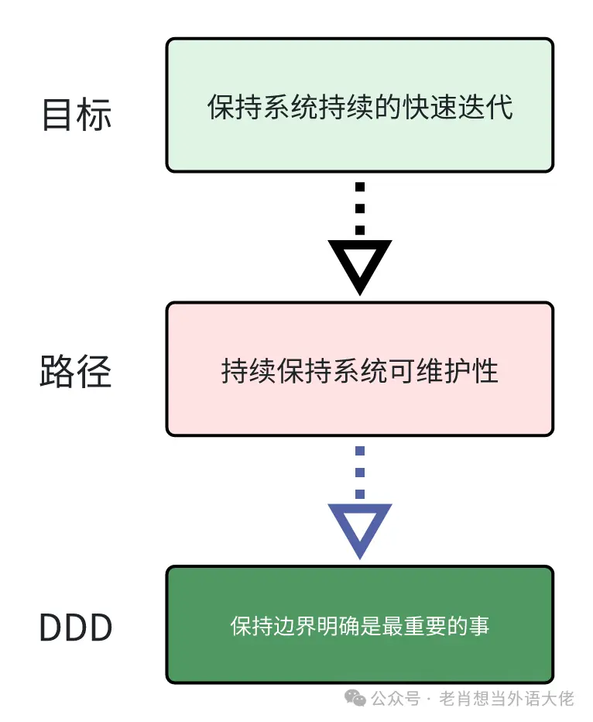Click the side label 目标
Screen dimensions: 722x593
(76, 115)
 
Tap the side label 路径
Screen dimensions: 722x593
(76, 372)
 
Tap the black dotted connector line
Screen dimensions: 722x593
(359, 208)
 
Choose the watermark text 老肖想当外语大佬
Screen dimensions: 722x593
(506, 699)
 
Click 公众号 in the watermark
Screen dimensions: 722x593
(395, 699)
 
